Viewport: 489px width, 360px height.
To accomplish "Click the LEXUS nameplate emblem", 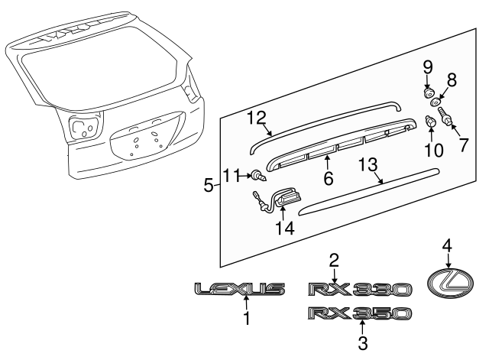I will click(239, 289).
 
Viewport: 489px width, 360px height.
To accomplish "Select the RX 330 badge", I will click(360, 289).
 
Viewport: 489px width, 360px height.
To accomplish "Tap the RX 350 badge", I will click(360, 313).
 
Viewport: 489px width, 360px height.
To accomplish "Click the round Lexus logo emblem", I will click(448, 286).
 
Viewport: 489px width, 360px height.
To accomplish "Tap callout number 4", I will click(448, 245).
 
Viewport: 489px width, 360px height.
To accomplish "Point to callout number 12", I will click(255, 117).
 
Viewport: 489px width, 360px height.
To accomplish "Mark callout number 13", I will click(368, 165).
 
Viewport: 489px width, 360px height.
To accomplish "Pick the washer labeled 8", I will click(435, 102).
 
